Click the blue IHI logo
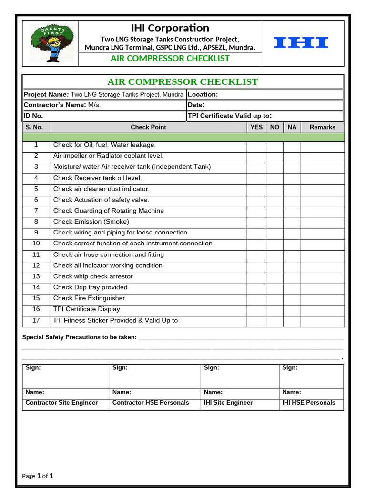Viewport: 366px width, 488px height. click(x=301, y=43)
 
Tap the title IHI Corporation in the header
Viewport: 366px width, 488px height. click(x=170, y=28)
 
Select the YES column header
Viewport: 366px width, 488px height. click(x=256, y=127)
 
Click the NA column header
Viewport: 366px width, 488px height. click(x=292, y=127)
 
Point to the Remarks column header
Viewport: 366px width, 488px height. click(x=322, y=127)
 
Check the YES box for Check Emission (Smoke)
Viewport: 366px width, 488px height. click(x=256, y=222)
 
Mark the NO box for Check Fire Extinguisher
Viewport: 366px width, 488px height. click(x=274, y=299)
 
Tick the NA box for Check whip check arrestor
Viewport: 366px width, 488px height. click(x=292, y=277)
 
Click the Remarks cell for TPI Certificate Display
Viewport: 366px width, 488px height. click(x=322, y=310)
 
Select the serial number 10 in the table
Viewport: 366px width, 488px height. click(x=36, y=244)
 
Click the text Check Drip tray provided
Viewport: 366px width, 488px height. click(x=91, y=287)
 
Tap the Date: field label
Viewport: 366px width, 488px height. click(x=196, y=105)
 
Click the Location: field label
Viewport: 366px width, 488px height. click(x=203, y=94)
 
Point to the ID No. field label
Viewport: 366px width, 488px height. click(x=33, y=115)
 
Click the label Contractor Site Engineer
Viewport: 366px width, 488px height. click(x=61, y=403)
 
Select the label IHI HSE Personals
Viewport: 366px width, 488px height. click(x=309, y=403)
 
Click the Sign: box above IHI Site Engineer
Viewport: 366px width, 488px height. click(x=239, y=376)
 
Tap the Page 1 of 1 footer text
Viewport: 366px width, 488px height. click(x=38, y=476)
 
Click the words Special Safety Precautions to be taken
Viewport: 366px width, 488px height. click(x=80, y=337)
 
